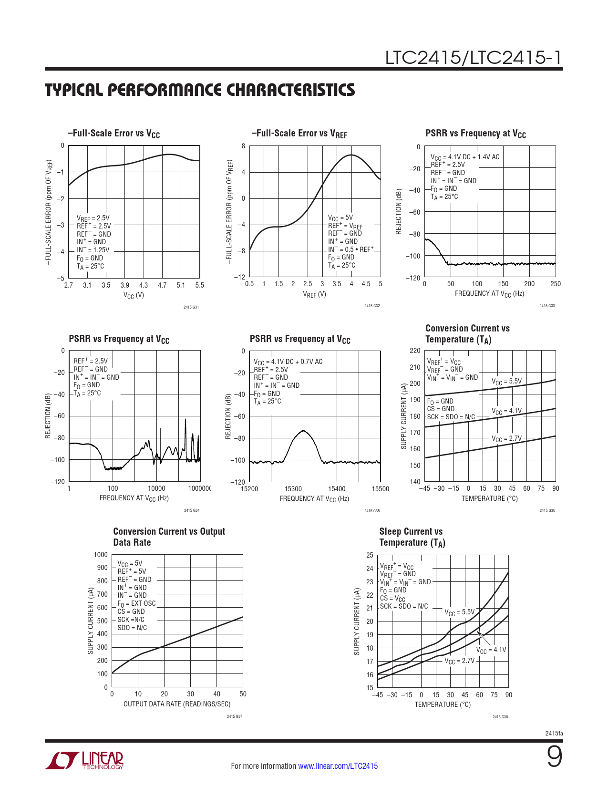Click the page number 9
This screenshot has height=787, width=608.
click(x=554, y=757)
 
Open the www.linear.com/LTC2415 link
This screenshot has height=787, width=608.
click(x=338, y=766)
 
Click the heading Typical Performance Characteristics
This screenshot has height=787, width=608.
click(x=200, y=90)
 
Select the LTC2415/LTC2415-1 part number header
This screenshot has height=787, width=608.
click(x=474, y=58)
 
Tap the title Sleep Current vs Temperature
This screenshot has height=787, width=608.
click(x=412, y=537)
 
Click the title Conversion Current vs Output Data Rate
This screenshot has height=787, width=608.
click(x=169, y=537)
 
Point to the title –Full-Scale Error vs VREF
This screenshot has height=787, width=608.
click(x=299, y=134)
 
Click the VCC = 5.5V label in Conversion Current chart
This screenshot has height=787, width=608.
click(x=506, y=382)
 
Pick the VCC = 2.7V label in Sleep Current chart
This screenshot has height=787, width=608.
click(x=459, y=661)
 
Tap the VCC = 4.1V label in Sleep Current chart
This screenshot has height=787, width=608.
click(x=491, y=650)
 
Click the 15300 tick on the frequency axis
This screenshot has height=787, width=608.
click(x=293, y=489)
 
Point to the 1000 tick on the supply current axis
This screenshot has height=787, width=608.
click(x=101, y=555)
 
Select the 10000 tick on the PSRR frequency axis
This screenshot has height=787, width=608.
click(x=156, y=488)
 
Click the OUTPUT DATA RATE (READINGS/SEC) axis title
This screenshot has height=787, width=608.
click(x=177, y=704)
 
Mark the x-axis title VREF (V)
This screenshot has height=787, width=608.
click(x=314, y=294)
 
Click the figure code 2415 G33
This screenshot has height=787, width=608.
click(x=547, y=306)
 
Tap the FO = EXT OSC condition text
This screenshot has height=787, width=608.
click(x=136, y=603)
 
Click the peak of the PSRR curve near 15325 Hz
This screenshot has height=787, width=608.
click(x=303, y=431)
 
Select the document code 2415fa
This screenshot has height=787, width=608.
click(x=554, y=734)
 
